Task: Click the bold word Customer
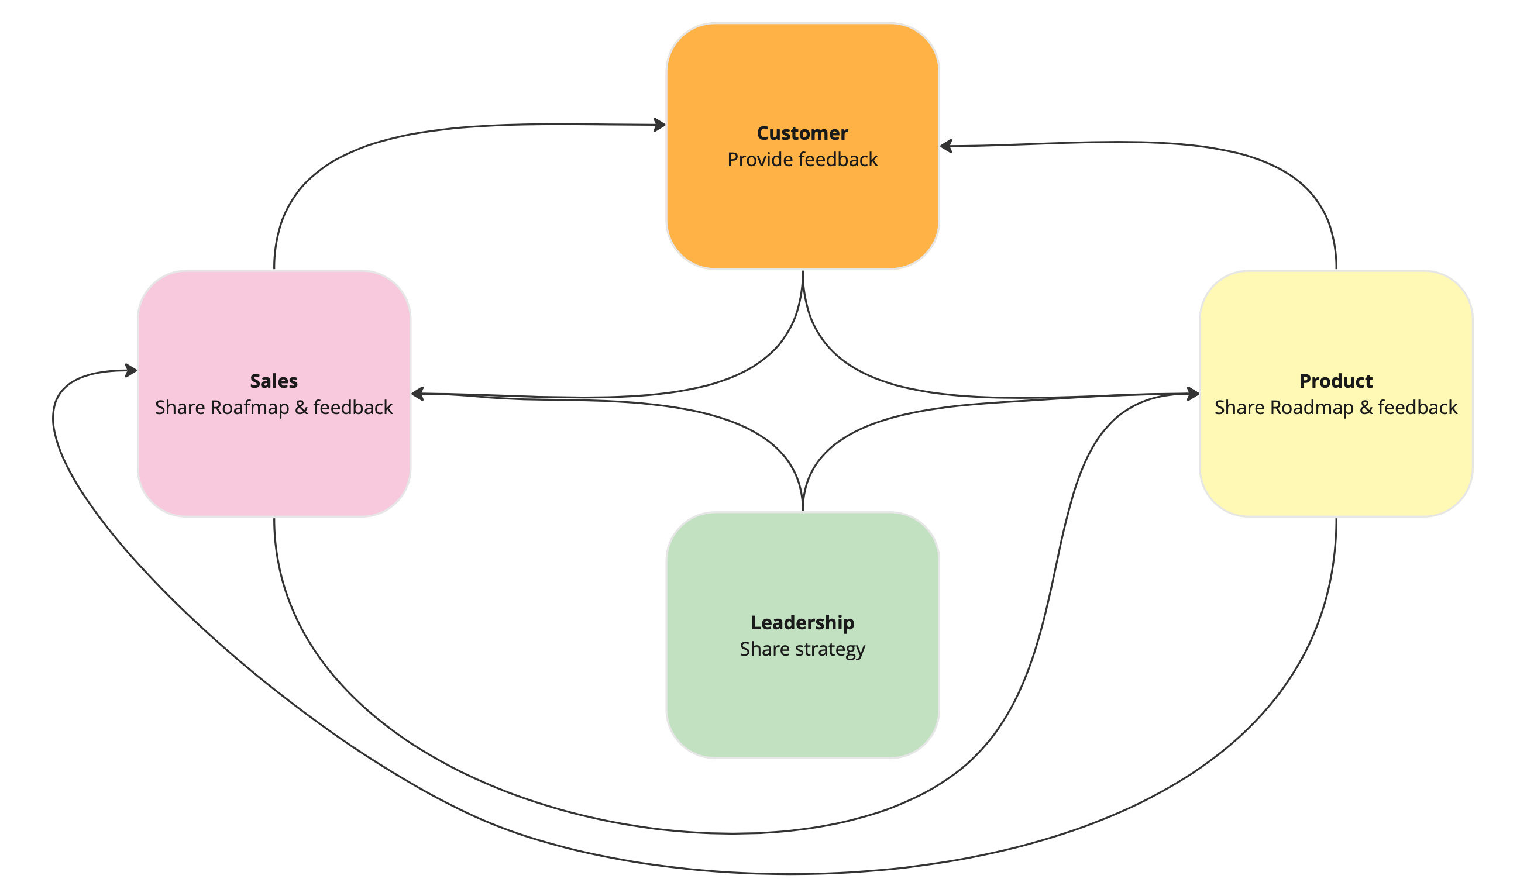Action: (x=802, y=133)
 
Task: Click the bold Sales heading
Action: (x=274, y=381)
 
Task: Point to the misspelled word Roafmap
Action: (x=250, y=408)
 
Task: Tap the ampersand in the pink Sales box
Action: (x=301, y=408)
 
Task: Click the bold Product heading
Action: (x=1336, y=381)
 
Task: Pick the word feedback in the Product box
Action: (x=1418, y=408)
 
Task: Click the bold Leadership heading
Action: (x=802, y=623)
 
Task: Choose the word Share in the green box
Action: (x=764, y=649)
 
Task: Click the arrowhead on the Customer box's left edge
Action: (x=660, y=125)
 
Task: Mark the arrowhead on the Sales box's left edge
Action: (x=131, y=370)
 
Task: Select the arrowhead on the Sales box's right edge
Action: (x=418, y=394)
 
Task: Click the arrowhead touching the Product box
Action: (x=1193, y=394)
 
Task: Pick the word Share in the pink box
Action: (x=180, y=408)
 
